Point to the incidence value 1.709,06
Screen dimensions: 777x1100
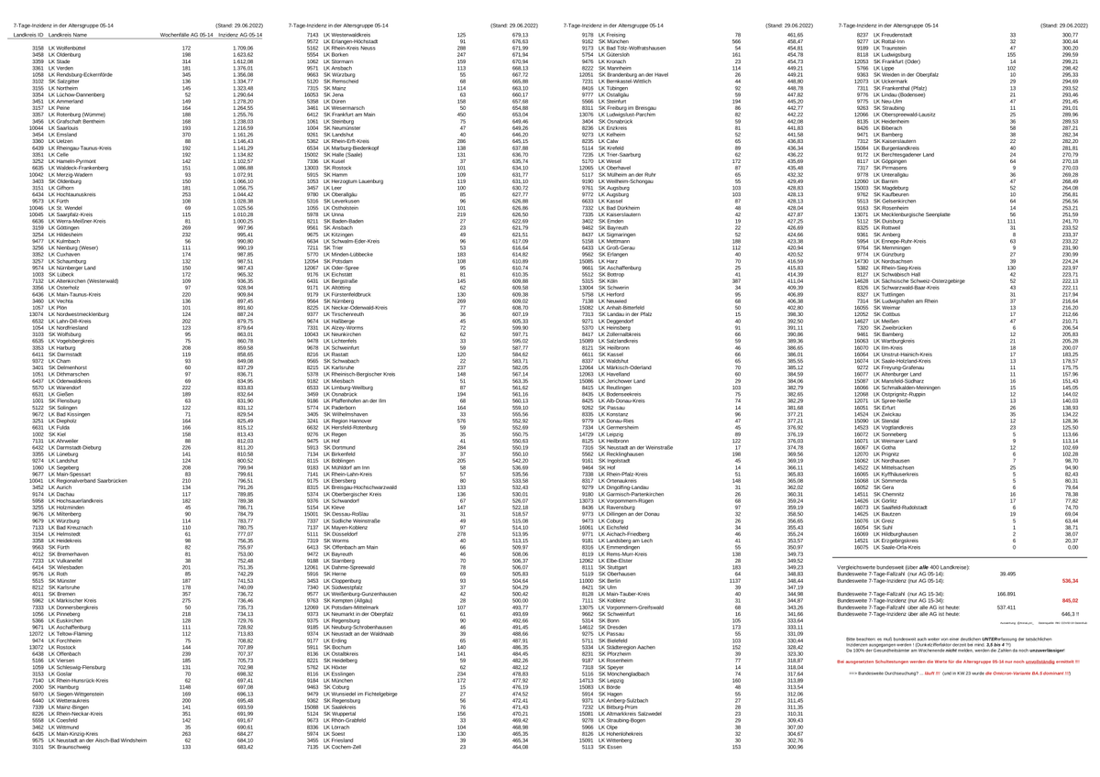(x=242, y=48)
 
